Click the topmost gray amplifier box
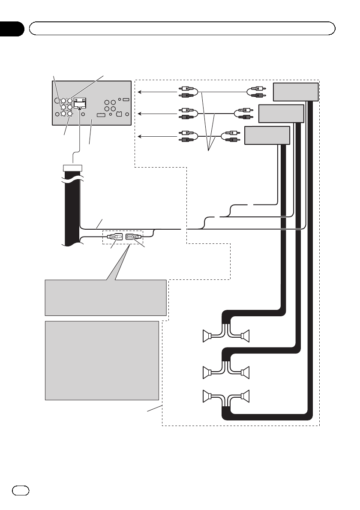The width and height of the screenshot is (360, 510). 296,91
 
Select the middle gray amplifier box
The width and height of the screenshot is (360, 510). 282,114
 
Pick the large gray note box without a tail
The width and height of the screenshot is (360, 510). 102,360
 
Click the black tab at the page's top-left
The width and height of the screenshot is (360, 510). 11,28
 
